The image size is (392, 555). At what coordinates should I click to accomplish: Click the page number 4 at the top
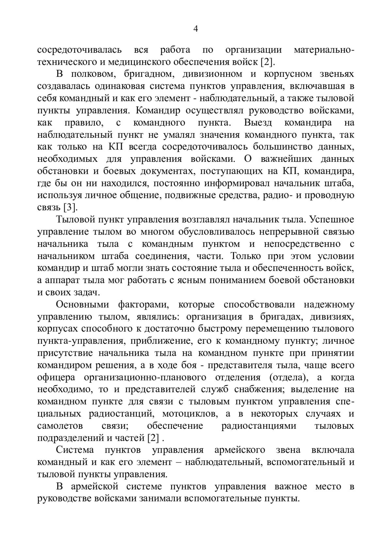tap(196, 29)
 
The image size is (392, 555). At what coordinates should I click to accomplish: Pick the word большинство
tap(281, 147)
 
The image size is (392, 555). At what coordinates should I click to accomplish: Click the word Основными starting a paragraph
tap(83, 304)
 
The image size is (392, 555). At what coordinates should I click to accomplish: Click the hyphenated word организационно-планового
tap(145, 377)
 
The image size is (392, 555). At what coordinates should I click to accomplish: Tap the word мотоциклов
tap(190, 413)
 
